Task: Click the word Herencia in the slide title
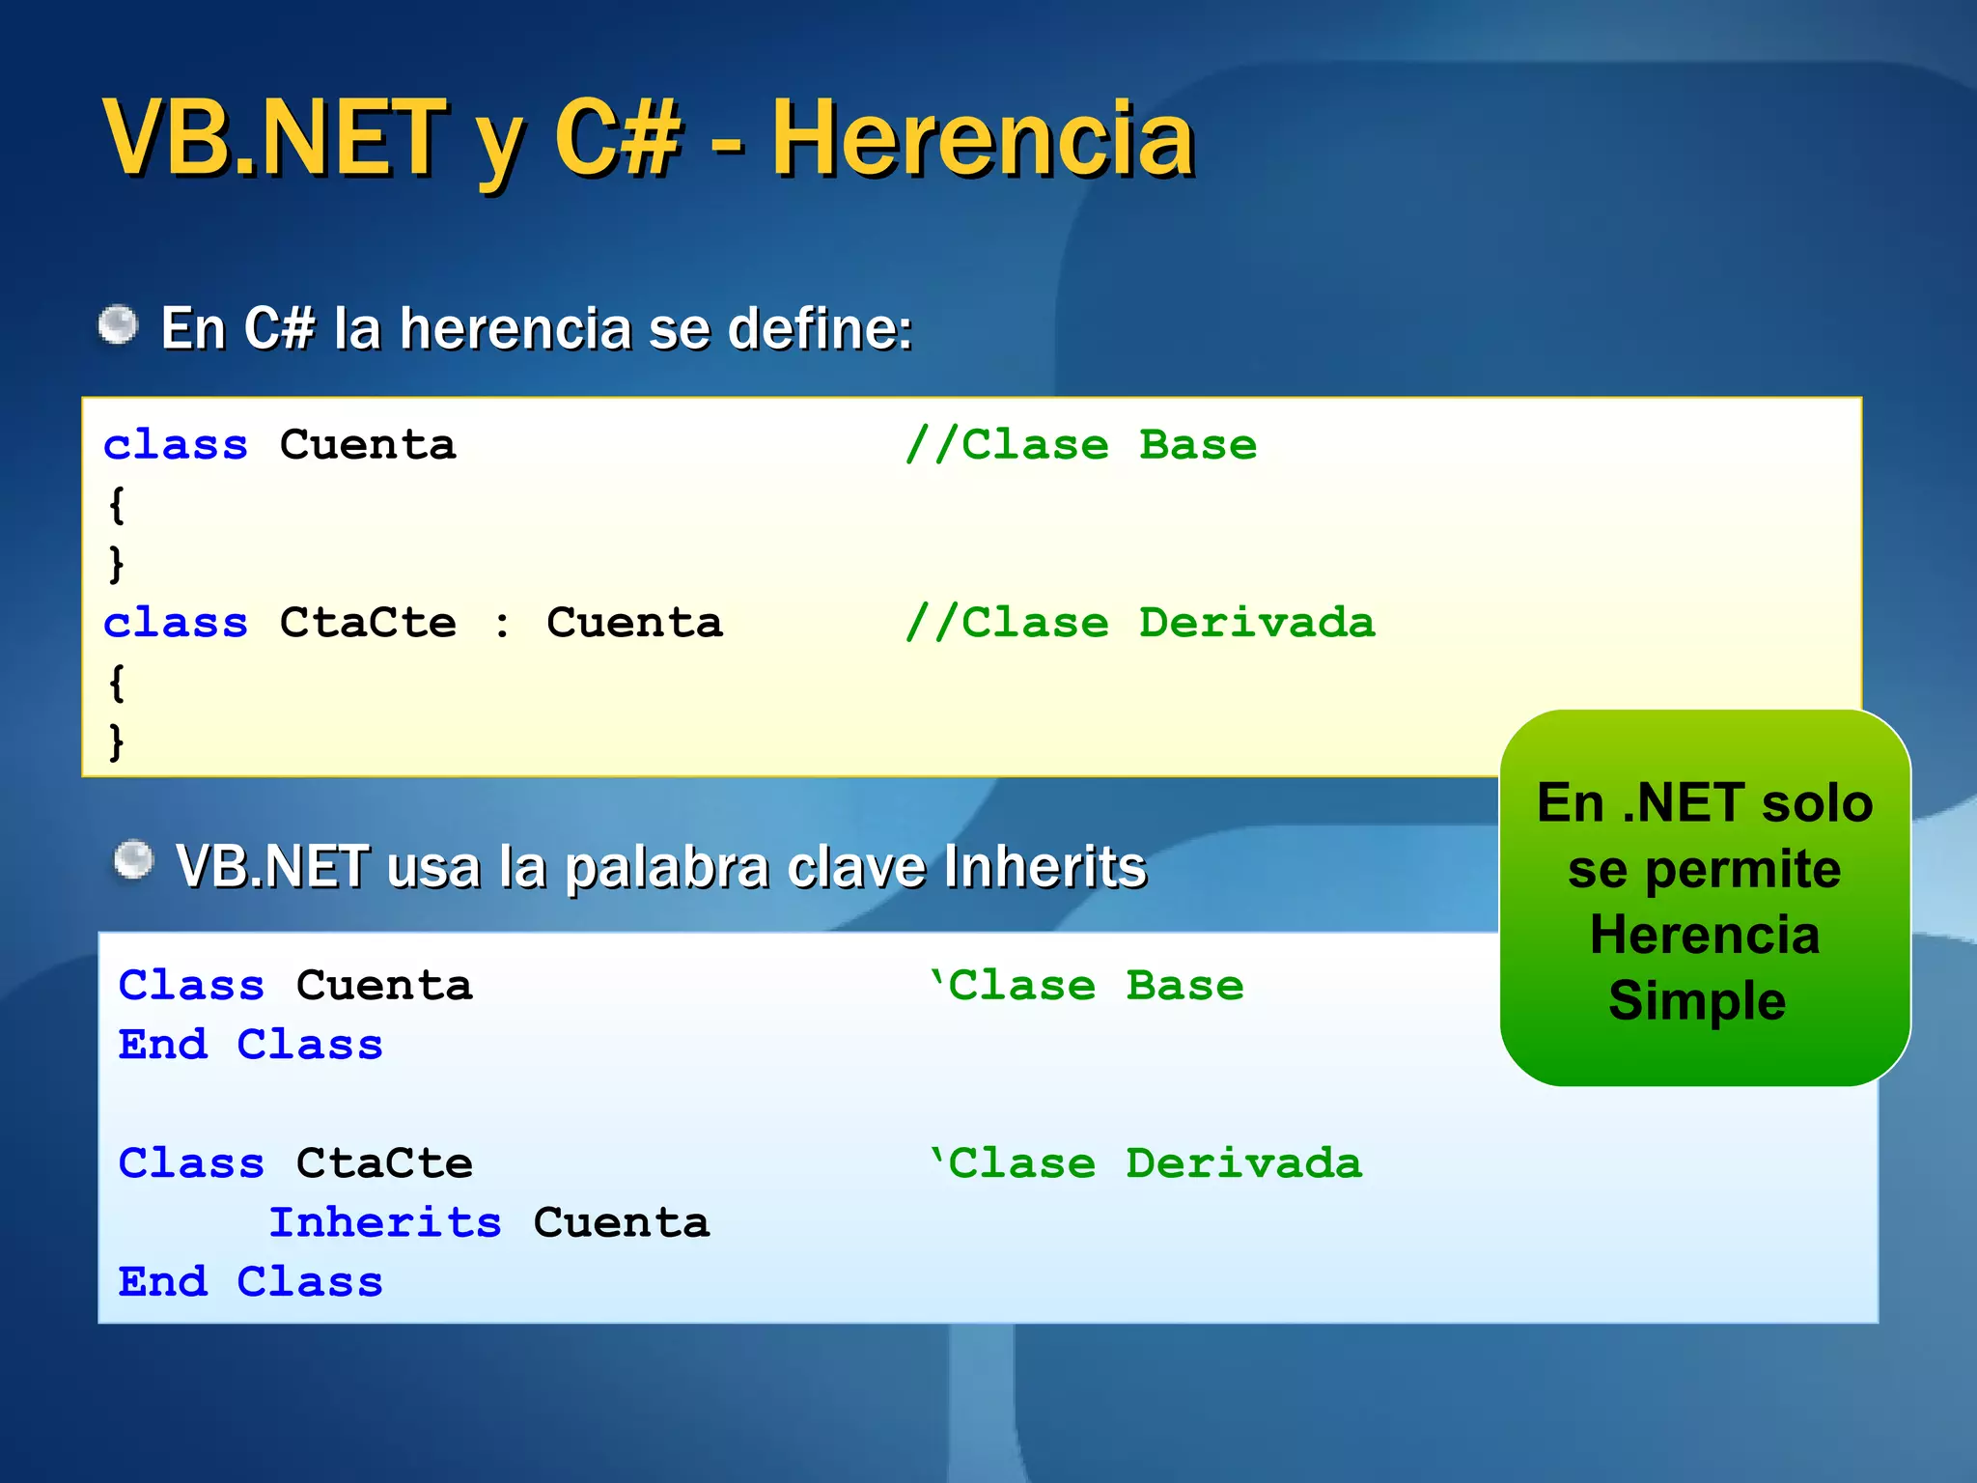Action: pos(983,140)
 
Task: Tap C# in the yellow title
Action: pos(618,140)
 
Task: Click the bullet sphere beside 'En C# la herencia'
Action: pos(119,324)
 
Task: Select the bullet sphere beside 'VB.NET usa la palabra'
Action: pos(133,859)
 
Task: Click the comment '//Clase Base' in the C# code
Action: pos(1081,445)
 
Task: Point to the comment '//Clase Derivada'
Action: pos(1140,623)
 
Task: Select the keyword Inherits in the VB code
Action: pos(385,1222)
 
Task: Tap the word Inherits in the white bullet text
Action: pos(1045,866)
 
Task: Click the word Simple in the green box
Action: pos(1697,1000)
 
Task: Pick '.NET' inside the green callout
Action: pos(1685,803)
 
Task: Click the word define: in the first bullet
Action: pos(820,328)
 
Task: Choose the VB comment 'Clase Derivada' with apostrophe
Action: pos(1146,1163)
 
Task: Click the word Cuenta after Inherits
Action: pos(622,1222)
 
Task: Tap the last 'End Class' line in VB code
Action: pos(251,1282)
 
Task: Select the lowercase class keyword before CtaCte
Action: pos(176,623)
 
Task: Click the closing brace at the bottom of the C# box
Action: pos(117,741)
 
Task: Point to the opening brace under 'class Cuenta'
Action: pos(117,504)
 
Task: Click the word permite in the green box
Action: pos(1742,869)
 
